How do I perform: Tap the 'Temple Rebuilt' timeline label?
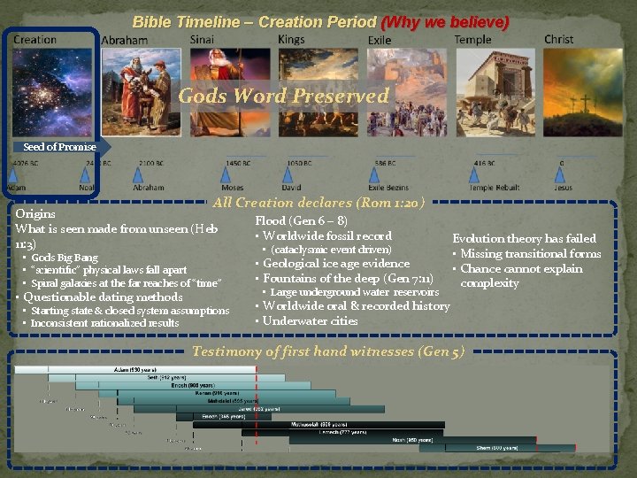tap(494, 189)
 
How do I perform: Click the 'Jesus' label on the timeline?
tap(564, 189)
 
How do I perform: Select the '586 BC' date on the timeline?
tap(385, 164)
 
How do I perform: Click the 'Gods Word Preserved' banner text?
tap(283, 96)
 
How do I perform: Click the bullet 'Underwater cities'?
tap(310, 320)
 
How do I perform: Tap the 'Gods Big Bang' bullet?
tap(65, 258)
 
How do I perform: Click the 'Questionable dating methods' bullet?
tap(103, 297)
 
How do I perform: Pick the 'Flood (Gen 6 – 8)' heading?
tap(301, 220)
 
